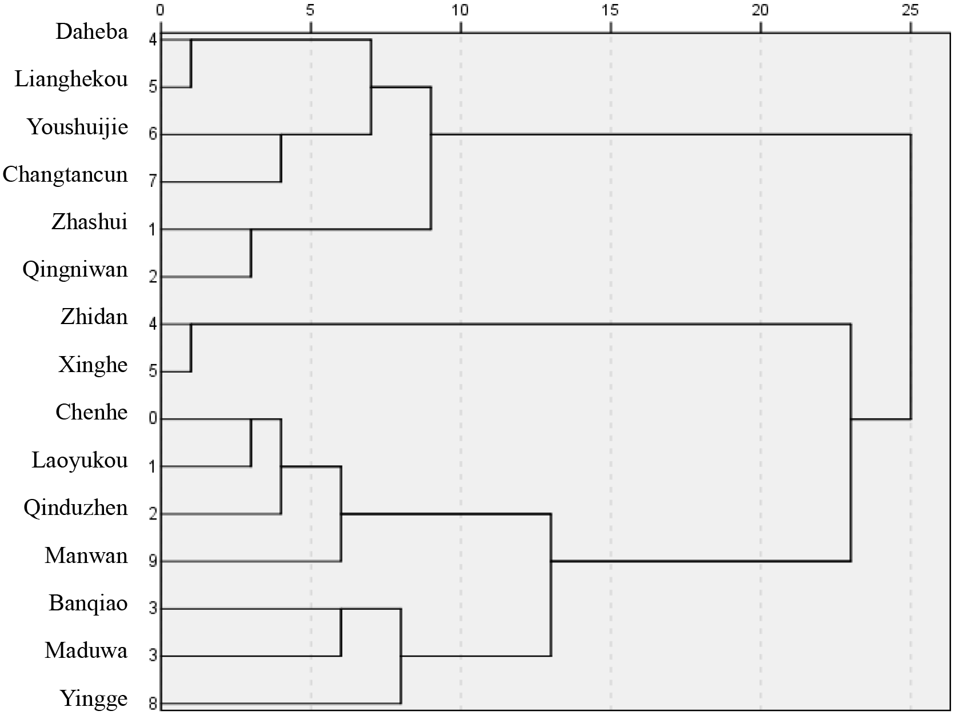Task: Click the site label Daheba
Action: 91,31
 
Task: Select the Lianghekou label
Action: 71,79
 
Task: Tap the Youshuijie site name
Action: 78,127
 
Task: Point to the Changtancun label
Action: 65,174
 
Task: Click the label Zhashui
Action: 89,222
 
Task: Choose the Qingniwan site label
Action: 75,269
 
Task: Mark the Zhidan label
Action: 94,317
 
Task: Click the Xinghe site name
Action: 93,365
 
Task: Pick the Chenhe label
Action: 91,412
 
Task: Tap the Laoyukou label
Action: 79,460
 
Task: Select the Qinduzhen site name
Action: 75,508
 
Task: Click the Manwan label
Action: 86,556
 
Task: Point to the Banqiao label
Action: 88,603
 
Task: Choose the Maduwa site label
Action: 86,650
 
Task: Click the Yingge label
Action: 93,698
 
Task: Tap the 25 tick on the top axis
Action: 910,10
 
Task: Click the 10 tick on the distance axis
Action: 460,10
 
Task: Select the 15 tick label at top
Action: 610,10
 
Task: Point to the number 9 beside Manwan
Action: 153,561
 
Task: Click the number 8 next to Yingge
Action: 153,704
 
